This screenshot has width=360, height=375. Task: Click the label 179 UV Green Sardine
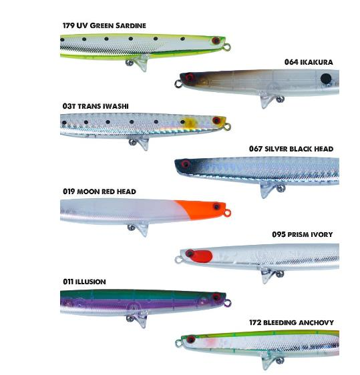[104, 25]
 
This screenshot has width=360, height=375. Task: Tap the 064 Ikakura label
[309, 62]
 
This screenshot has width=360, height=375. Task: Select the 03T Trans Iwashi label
[96, 106]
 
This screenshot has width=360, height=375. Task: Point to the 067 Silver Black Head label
[291, 149]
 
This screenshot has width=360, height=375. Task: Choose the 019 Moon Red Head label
[100, 192]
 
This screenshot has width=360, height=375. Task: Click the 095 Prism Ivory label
[303, 234]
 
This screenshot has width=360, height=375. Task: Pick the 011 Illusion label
[84, 282]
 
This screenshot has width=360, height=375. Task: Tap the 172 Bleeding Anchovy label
[291, 322]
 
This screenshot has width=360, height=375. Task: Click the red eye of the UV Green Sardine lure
[216, 40]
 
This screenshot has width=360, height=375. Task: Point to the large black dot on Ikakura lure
[326, 79]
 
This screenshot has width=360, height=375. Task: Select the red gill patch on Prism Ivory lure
[200, 256]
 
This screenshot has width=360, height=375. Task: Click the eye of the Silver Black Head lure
[185, 164]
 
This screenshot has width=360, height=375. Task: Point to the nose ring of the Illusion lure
[228, 303]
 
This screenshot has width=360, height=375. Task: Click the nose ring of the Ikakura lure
[178, 83]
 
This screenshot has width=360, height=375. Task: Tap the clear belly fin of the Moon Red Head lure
[143, 230]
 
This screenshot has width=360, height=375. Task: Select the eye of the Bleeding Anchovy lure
[191, 340]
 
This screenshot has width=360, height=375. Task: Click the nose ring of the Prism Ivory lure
[178, 260]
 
